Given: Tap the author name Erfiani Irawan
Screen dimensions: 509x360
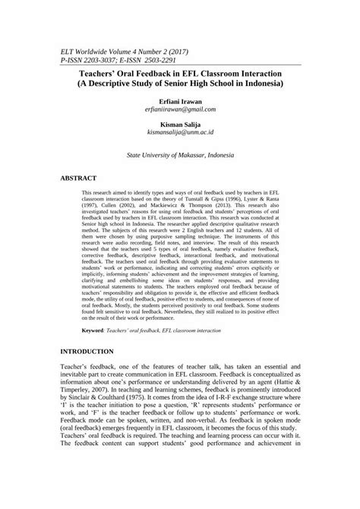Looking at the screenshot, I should [x=180, y=100].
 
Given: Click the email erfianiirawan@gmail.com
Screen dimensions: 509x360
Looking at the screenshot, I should [x=180, y=109].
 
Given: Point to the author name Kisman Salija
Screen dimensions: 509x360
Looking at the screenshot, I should [x=180, y=123].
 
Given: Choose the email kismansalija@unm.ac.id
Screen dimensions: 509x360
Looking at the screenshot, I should [x=180, y=133].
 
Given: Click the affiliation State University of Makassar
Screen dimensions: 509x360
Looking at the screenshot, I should [x=164, y=153].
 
